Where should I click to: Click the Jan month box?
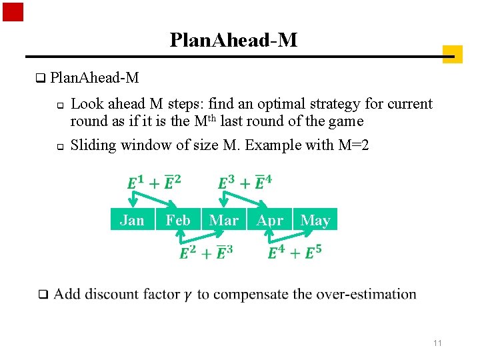(x=132, y=220)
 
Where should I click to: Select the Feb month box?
(x=178, y=220)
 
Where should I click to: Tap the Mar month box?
(x=224, y=220)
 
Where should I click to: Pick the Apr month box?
(x=270, y=220)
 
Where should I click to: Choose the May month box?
(x=315, y=220)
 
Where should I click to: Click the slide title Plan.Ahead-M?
(x=233, y=41)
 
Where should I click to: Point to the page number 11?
(x=438, y=343)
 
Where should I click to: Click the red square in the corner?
(x=13, y=12)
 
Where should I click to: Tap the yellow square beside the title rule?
(x=452, y=54)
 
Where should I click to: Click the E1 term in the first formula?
(x=135, y=183)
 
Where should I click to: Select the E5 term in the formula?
(x=313, y=253)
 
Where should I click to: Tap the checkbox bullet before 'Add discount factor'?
(x=43, y=295)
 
